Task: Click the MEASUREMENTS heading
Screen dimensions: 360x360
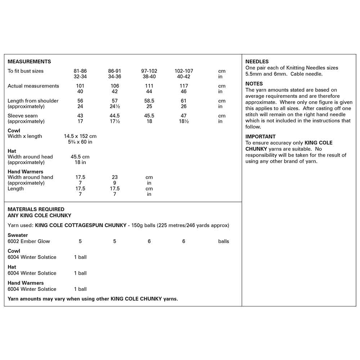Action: (x=29, y=62)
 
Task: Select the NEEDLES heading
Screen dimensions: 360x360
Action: (x=257, y=62)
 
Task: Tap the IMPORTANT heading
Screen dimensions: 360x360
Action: (x=261, y=136)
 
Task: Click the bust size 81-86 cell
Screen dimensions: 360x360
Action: (x=80, y=71)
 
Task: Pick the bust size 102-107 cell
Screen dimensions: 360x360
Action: (x=184, y=71)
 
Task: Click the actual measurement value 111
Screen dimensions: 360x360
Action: (x=149, y=86)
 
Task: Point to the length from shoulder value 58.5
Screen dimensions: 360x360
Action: (x=149, y=101)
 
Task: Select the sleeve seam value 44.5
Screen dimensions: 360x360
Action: (x=114, y=116)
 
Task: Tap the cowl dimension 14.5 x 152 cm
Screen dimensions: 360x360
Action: (x=80, y=136)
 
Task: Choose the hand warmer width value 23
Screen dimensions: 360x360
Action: (x=114, y=177)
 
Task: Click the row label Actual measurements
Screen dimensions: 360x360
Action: (x=33, y=86)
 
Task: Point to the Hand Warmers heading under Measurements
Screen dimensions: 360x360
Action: (x=25, y=172)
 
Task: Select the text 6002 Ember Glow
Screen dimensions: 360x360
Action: (x=29, y=241)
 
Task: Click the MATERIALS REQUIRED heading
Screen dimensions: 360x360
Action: (x=36, y=209)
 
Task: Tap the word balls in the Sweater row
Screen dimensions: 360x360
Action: (x=223, y=241)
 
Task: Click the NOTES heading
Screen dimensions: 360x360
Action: (x=254, y=84)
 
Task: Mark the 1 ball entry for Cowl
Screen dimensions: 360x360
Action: (x=80, y=257)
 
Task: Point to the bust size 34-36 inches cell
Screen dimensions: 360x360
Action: (x=114, y=77)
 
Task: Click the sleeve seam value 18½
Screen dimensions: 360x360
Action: (x=184, y=121)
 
